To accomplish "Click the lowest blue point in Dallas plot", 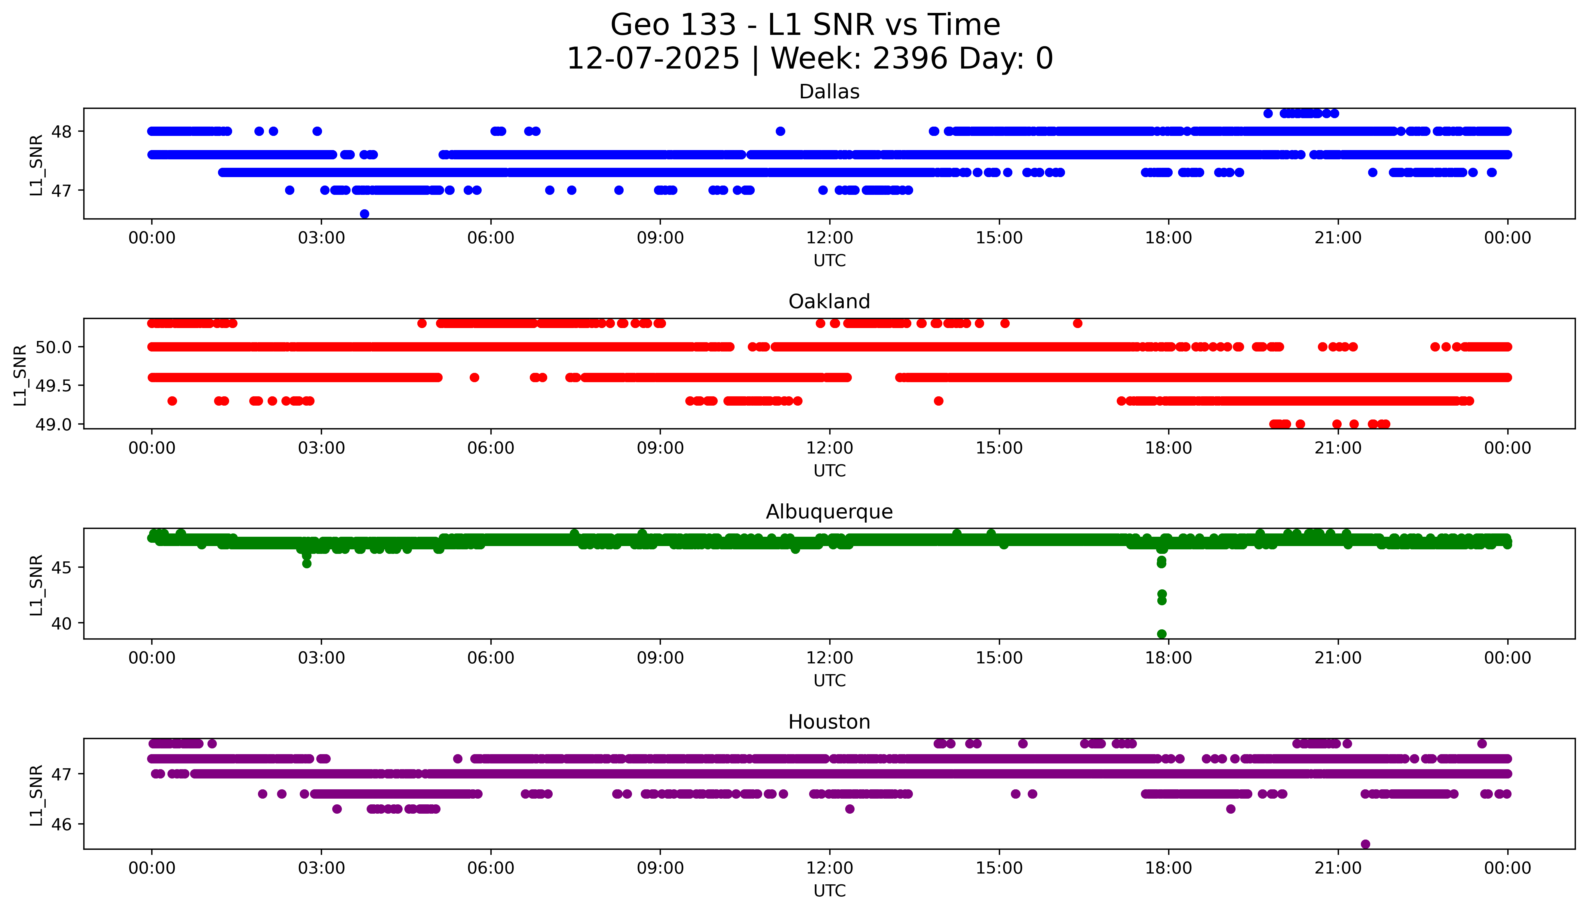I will point(364,213).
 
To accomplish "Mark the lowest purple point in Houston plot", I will point(1365,844).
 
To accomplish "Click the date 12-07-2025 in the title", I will point(653,59).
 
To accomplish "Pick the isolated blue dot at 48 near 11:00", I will point(780,131).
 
